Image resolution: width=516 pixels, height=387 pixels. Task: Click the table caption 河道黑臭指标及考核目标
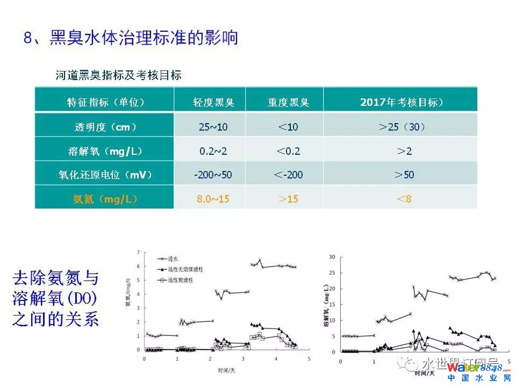(118, 75)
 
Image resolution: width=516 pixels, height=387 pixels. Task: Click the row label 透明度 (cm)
(105, 127)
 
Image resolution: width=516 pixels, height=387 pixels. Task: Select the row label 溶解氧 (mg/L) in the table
(105, 151)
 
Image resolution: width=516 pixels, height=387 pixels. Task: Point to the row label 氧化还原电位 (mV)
(105, 175)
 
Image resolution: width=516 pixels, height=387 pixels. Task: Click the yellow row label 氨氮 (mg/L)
(105, 199)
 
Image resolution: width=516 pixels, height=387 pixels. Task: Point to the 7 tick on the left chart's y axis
(139, 252)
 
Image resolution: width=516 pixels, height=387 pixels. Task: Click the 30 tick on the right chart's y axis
(332, 257)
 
